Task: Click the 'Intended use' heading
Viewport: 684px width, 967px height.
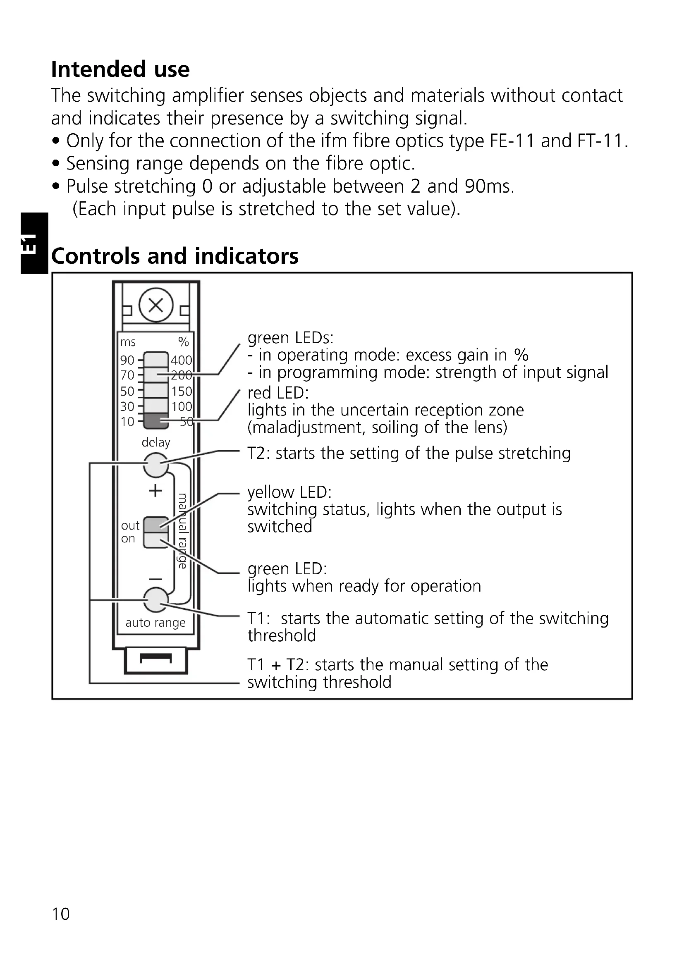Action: tap(120, 69)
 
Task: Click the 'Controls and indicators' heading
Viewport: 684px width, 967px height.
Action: tap(175, 256)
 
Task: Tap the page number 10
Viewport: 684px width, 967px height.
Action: tap(61, 914)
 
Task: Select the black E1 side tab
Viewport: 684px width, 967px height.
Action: tap(33, 243)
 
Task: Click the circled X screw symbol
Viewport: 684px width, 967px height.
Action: tap(156, 306)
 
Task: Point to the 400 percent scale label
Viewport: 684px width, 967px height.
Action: tap(181, 360)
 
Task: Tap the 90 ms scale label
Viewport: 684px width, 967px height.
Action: tap(127, 360)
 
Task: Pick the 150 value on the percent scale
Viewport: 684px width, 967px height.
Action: tap(182, 391)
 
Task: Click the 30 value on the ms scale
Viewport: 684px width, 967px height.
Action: tap(127, 406)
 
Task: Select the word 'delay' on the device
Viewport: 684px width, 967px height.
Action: tap(156, 442)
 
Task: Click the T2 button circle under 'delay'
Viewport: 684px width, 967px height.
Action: tap(156, 465)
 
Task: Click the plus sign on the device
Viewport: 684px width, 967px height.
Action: tap(155, 491)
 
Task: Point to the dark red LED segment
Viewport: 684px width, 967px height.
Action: tap(156, 421)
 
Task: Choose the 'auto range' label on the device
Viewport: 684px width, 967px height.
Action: tap(155, 623)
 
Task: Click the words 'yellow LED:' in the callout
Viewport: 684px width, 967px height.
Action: tap(289, 492)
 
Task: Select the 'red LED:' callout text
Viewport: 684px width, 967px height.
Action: tap(278, 393)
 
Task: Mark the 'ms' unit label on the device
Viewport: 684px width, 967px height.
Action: tap(128, 342)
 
